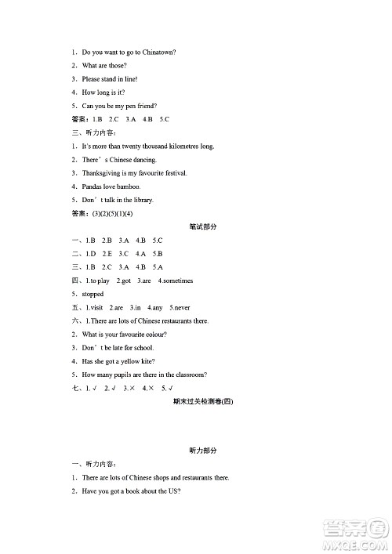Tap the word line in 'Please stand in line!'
(x=130, y=79)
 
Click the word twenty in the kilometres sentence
(x=136, y=146)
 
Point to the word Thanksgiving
(x=103, y=172)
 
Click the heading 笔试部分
(x=203, y=226)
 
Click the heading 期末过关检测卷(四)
(x=203, y=401)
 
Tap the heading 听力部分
(x=203, y=451)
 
